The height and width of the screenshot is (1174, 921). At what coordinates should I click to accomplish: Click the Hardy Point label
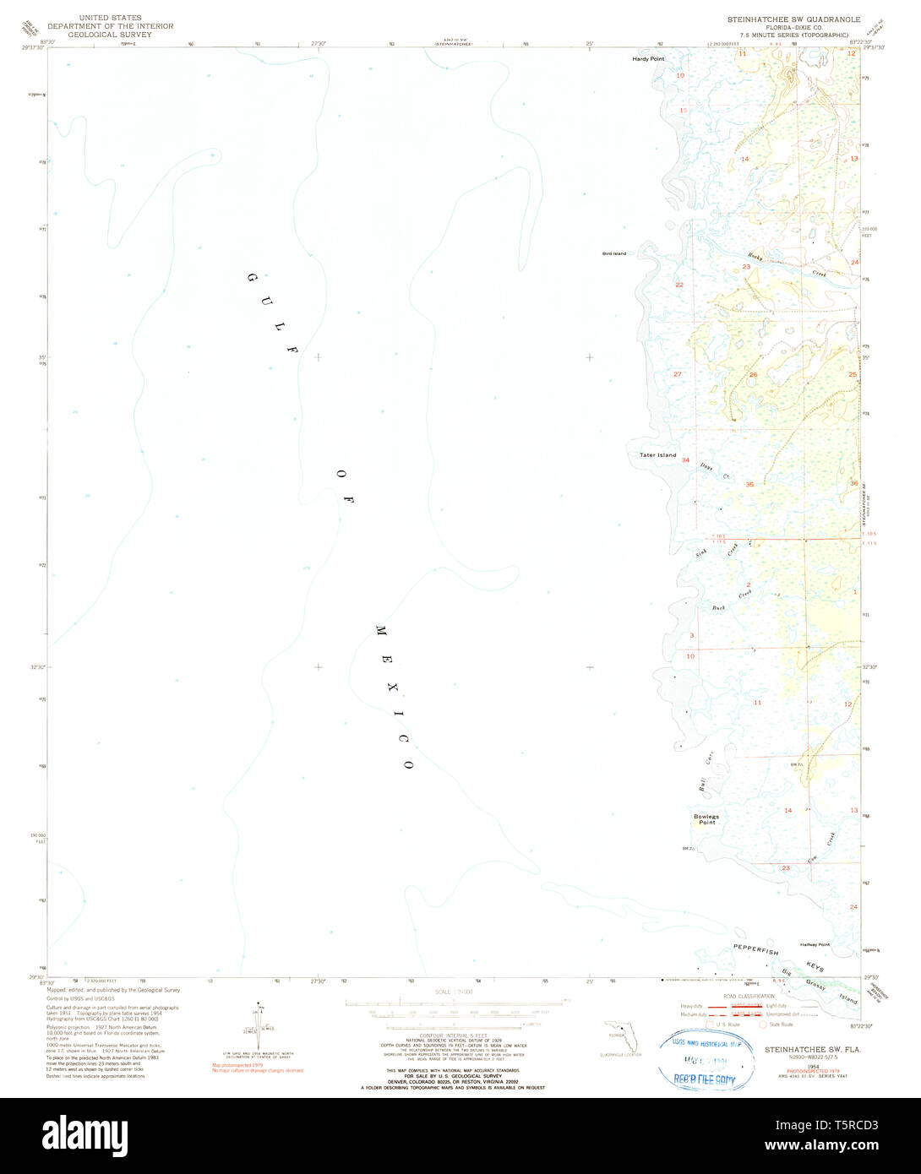coord(648,59)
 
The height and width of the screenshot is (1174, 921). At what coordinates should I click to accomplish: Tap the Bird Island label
coord(614,253)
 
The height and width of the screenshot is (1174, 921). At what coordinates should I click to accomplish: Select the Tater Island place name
coord(657,455)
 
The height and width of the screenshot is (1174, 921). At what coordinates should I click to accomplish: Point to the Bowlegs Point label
coord(706,819)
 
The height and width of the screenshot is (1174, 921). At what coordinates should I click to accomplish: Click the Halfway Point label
coord(815,944)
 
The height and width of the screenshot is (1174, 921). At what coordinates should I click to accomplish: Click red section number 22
coord(679,285)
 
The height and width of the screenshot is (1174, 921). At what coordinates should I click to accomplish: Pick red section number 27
coord(677,373)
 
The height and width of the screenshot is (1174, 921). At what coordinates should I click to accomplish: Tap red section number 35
coord(749,485)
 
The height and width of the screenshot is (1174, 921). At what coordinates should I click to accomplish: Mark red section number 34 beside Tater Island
coord(685,460)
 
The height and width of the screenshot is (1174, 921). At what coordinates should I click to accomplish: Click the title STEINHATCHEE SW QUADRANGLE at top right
coord(793,19)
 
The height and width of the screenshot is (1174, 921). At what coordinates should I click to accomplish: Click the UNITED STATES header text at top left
coord(111,18)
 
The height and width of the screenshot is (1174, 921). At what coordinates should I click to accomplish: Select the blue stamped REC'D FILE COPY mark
coord(705,1079)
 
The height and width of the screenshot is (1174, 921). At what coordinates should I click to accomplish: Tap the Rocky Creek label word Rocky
coord(755,258)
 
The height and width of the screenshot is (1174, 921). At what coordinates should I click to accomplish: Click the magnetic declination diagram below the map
coord(257,1027)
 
